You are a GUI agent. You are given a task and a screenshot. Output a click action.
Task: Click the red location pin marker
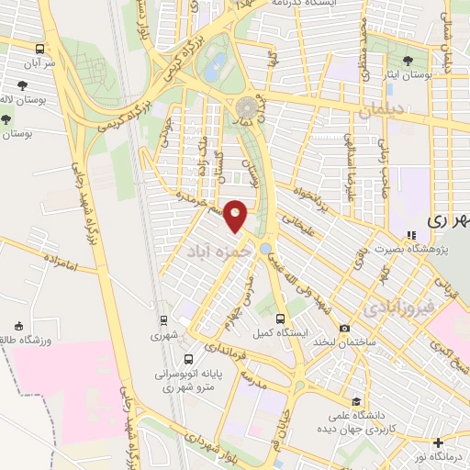pyautogui.click(x=237, y=216)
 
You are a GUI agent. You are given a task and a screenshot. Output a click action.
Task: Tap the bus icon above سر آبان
pyautogui.click(x=39, y=49)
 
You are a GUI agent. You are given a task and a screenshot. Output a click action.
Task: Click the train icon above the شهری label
pyautogui.click(x=163, y=320)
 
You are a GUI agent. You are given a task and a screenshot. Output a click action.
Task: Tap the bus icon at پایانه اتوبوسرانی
pyautogui.click(x=188, y=359)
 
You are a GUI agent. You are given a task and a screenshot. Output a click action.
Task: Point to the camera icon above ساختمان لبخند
pyautogui.click(x=344, y=328)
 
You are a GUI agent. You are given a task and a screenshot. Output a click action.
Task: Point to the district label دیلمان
pyautogui.click(x=381, y=111)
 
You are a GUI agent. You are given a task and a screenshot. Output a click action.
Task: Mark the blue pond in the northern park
pyautogui.click(x=217, y=64)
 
